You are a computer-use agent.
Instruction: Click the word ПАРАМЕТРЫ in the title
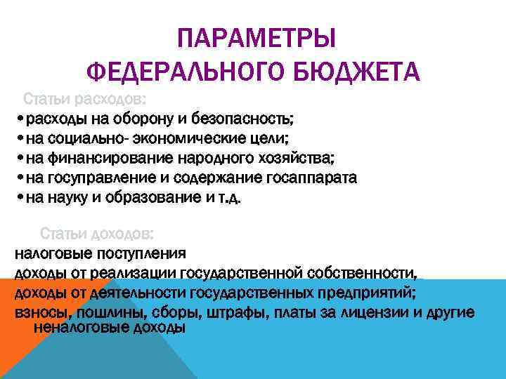click(x=256, y=37)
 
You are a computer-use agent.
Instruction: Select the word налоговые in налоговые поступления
click(x=51, y=253)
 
